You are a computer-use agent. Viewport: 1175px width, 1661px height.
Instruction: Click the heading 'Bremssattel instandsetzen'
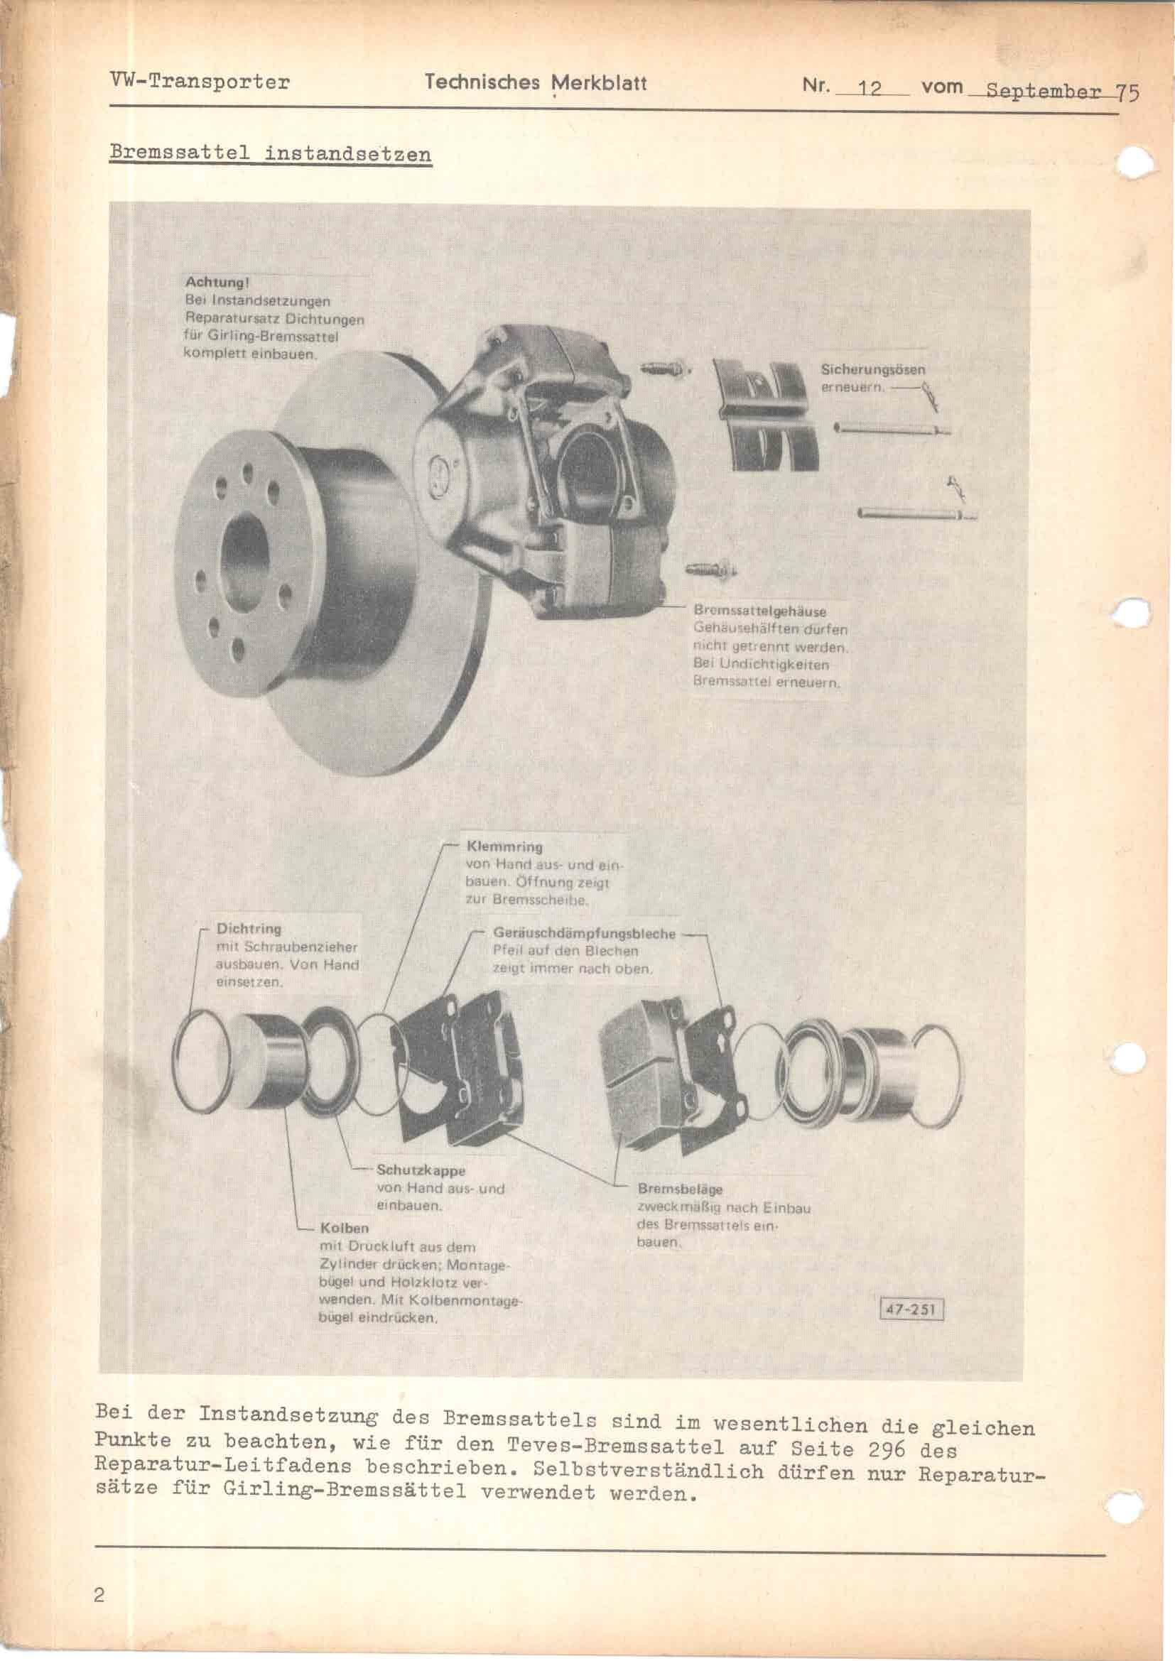coord(270,154)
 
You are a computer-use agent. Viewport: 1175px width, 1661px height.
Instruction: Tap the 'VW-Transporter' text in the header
coord(199,81)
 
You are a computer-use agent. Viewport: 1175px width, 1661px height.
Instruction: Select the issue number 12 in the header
coord(870,88)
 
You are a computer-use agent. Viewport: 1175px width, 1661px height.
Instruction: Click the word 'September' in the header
coord(1044,92)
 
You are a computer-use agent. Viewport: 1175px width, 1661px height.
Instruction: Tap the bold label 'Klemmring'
coord(504,846)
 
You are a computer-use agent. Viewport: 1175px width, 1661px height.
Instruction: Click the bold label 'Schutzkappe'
coord(421,1170)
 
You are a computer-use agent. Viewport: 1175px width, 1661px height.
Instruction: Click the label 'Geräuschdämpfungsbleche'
coord(584,934)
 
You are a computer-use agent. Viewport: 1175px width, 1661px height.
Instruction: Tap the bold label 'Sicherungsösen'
coord(872,370)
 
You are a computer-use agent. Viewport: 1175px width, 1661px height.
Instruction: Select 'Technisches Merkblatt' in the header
coord(536,82)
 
